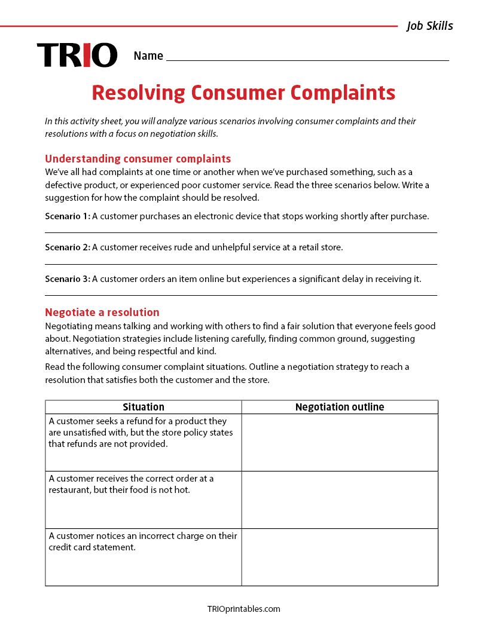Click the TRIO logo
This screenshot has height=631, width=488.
(77, 55)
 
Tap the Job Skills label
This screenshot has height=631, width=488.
(429, 26)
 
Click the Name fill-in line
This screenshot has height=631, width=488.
(307, 60)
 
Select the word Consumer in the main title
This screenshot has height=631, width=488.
(238, 93)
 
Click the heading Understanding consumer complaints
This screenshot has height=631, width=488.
(138, 158)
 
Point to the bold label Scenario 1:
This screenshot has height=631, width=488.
(68, 216)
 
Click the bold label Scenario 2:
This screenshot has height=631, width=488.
(68, 247)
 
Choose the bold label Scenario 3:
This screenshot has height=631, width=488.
(68, 278)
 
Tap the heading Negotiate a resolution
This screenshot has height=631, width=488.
(102, 312)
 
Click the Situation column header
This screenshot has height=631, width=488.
(144, 407)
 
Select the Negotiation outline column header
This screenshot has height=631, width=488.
(340, 407)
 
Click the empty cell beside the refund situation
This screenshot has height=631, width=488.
(340, 442)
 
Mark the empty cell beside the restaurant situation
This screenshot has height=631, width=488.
(340, 500)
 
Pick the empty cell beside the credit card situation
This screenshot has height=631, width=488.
(340, 557)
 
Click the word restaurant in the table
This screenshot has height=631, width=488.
(69, 490)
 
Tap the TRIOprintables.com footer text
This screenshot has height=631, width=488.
(243, 609)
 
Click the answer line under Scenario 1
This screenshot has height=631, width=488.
(241, 232)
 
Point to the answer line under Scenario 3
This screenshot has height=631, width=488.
(241, 295)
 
